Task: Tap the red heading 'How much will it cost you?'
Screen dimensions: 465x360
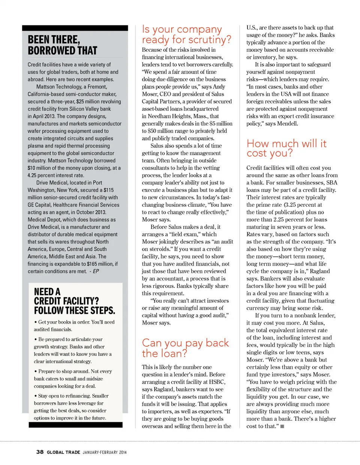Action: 286,148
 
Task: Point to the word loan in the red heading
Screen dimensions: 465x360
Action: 173,353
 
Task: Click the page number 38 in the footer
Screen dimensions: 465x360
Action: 40,452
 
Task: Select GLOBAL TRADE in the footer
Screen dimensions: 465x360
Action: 63,452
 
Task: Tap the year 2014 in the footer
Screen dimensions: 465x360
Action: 123,452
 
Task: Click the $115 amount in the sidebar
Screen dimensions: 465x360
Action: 109,190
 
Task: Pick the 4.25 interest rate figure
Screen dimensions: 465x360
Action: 32,175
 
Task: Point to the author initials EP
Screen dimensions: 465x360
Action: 96,271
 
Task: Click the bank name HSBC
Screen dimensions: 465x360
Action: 217,382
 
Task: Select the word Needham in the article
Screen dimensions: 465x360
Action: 159,116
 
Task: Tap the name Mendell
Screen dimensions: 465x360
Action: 287,124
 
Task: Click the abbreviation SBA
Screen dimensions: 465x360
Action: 332,182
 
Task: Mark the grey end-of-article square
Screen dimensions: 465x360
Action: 282,426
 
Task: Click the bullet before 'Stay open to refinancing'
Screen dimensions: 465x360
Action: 35,396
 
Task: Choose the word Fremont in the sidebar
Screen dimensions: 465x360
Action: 97,87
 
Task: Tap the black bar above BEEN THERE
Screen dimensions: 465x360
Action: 75,28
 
